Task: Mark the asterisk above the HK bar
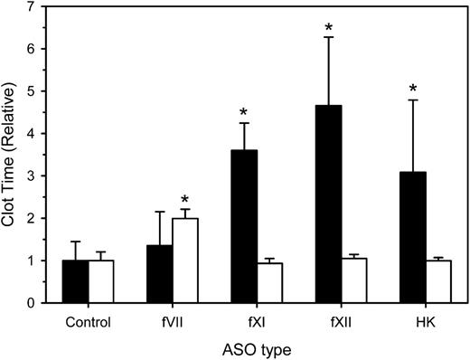coord(412,89)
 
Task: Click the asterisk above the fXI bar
coord(244,114)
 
